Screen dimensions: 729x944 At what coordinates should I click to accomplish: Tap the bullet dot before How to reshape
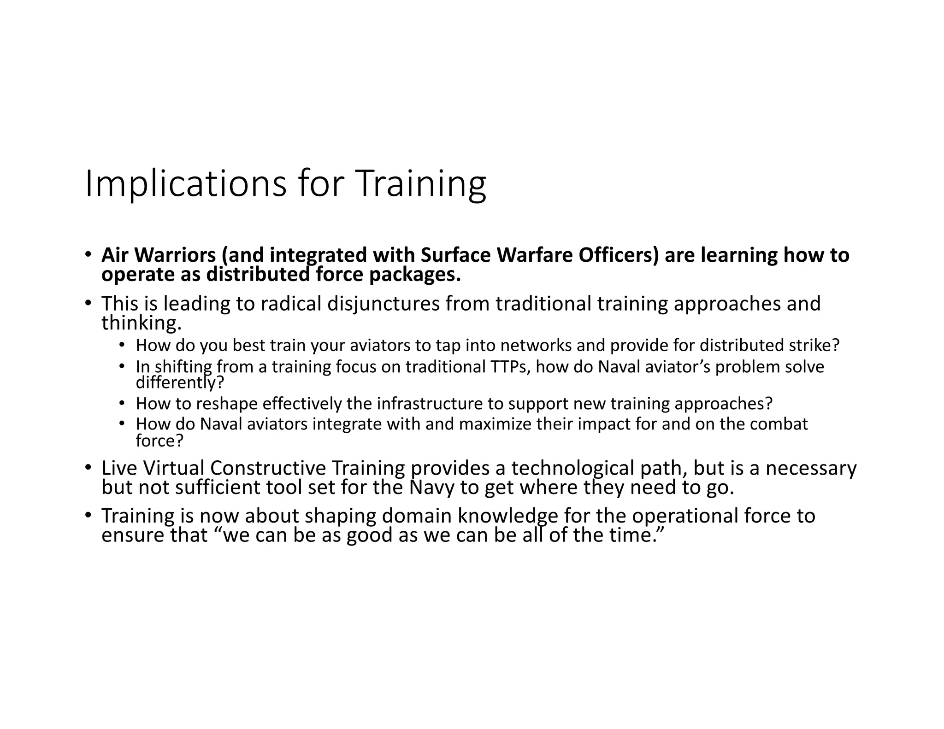click(122, 404)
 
